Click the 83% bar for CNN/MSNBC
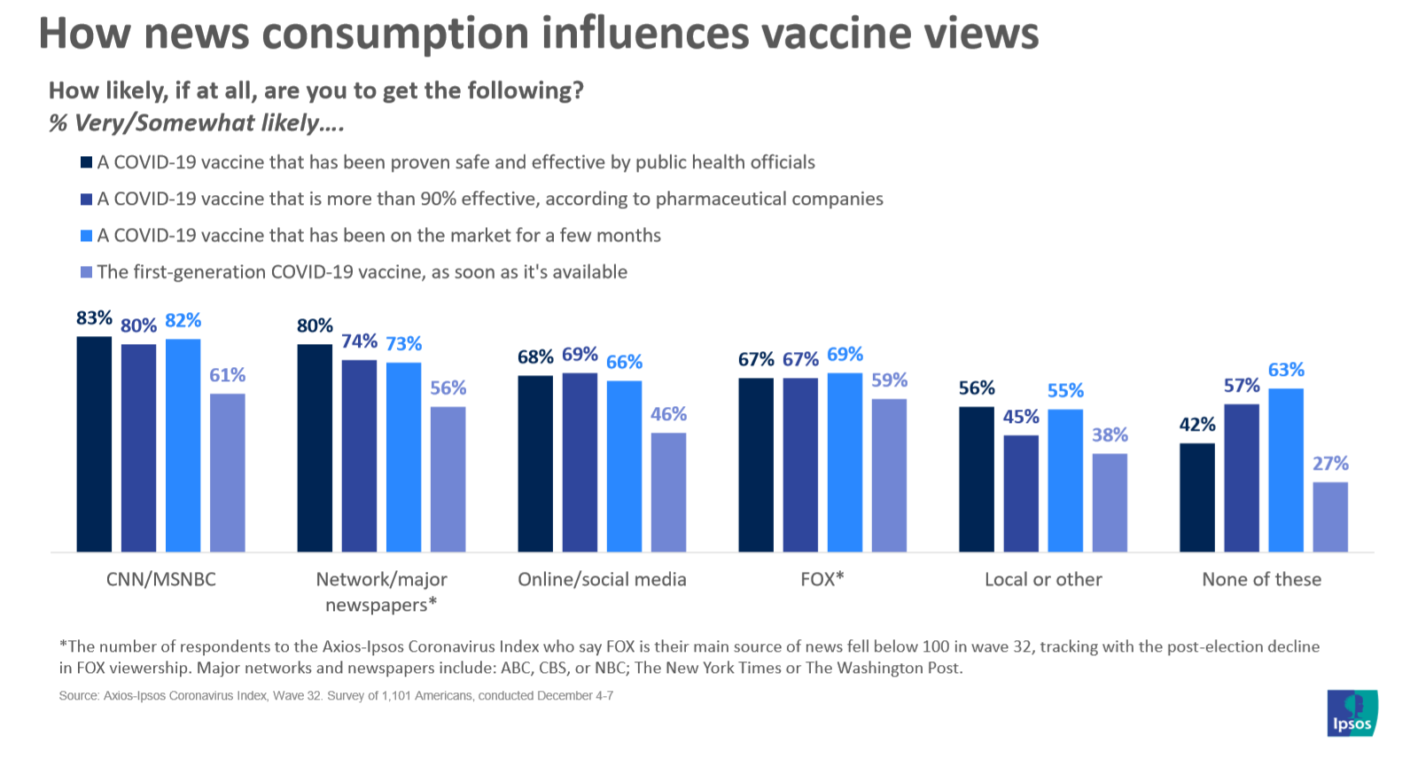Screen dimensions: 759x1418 click(x=94, y=443)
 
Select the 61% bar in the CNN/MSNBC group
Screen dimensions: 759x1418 click(x=227, y=472)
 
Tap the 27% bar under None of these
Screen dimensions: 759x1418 click(x=1329, y=516)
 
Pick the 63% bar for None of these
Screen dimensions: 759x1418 click(x=1285, y=470)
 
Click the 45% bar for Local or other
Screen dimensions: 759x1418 click(x=1021, y=493)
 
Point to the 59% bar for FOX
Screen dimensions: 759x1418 click(x=889, y=475)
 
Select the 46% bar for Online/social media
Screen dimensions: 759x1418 click(x=668, y=492)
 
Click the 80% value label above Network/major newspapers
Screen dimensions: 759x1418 click(x=315, y=326)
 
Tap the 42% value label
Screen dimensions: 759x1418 click(x=1196, y=425)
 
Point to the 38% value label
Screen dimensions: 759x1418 click(x=1110, y=435)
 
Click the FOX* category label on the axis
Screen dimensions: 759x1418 click(x=822, y=579)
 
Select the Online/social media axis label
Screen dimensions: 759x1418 click(x=602, y=579)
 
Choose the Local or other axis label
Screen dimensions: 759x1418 click(x=1043, y=579)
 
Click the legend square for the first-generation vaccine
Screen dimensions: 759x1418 click(x=86, y=272)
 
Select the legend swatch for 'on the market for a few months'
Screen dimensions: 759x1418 click(x=86, y=236)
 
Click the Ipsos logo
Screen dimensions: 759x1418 click(x=1352, y=713)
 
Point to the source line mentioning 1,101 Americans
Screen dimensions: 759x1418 click(x=336, y=696)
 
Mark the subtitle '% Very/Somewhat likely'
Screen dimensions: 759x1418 click(x=196, y=123)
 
